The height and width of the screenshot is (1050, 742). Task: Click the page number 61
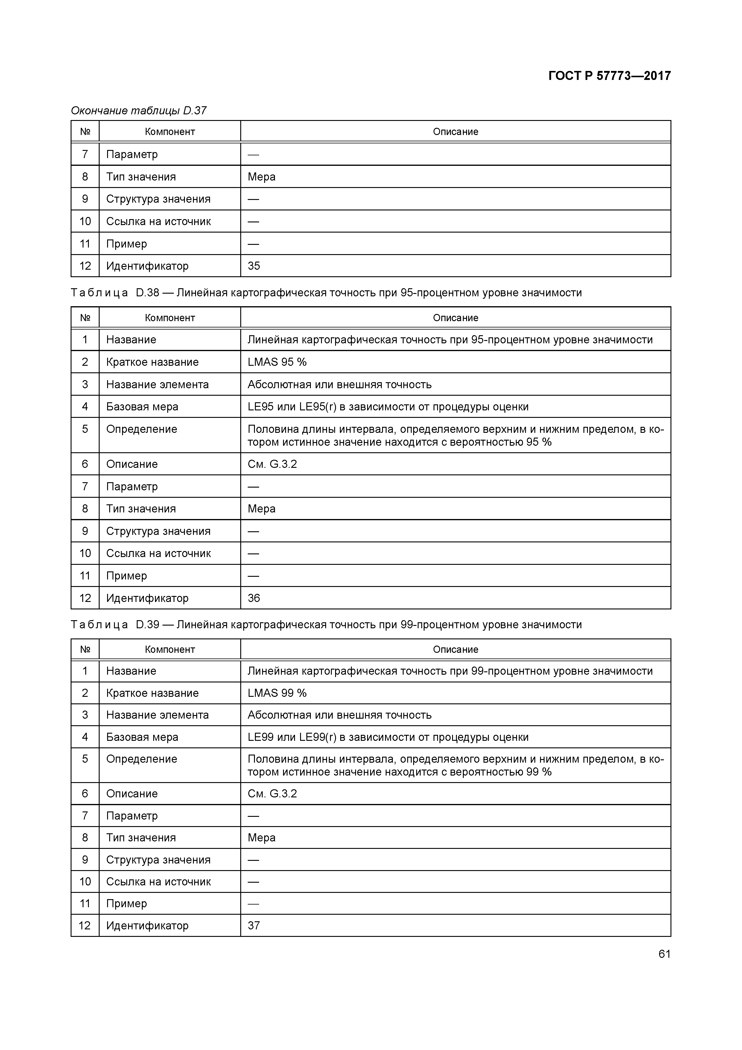coord(664,954)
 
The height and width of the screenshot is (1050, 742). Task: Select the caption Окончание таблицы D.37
coord(139,111)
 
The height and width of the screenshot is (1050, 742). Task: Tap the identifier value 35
coord(254,266)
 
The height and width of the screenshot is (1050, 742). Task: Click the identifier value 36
coord(254,598)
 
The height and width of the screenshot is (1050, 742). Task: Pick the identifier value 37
coord(254,925)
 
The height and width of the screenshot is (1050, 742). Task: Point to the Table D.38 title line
coord(326,293)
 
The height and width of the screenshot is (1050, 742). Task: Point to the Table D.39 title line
coord(326,625)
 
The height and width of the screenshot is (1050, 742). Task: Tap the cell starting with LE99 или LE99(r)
coord(388,737)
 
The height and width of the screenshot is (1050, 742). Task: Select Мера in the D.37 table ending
coord(261,177)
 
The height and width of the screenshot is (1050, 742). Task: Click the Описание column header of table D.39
coord(455,650)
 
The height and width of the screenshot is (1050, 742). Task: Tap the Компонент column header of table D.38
coord(170,318)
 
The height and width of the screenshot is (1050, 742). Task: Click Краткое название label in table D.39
coord(152,693)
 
